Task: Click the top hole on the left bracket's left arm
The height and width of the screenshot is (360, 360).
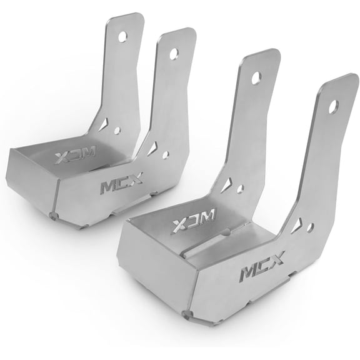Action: point(122,36)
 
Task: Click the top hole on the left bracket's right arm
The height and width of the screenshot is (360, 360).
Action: point(173,54)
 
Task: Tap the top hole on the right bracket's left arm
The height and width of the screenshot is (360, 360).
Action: point(256,77)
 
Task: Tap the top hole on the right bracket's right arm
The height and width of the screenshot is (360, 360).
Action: point(333,106)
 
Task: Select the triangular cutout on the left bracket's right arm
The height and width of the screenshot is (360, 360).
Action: point(152,149)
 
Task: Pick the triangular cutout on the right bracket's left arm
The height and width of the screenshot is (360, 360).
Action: point(226,184)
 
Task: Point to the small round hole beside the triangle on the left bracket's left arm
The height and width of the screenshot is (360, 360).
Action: point(117,131)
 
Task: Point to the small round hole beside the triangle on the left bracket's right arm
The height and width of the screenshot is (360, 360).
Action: point(165,154)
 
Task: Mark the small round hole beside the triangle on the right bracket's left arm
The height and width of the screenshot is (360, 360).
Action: point(241,189)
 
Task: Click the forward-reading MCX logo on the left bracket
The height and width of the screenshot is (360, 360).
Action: point(121,183)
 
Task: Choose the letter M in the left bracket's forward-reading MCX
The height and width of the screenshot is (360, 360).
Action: point(107,186)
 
